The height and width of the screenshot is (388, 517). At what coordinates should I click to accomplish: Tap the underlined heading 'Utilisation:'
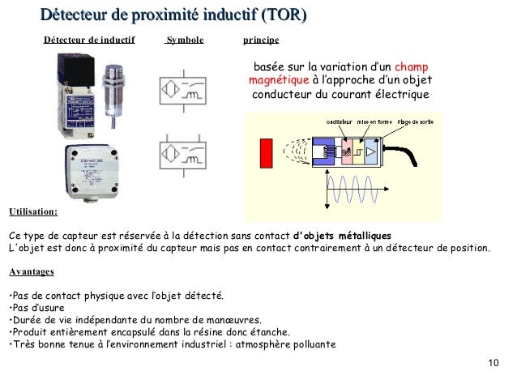pos(33,212)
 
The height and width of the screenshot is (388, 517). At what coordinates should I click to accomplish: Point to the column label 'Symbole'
pos(185,39)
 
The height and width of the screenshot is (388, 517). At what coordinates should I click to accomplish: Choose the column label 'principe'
pos(261,39)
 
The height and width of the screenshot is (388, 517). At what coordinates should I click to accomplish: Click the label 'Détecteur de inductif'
pos(89,39)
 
